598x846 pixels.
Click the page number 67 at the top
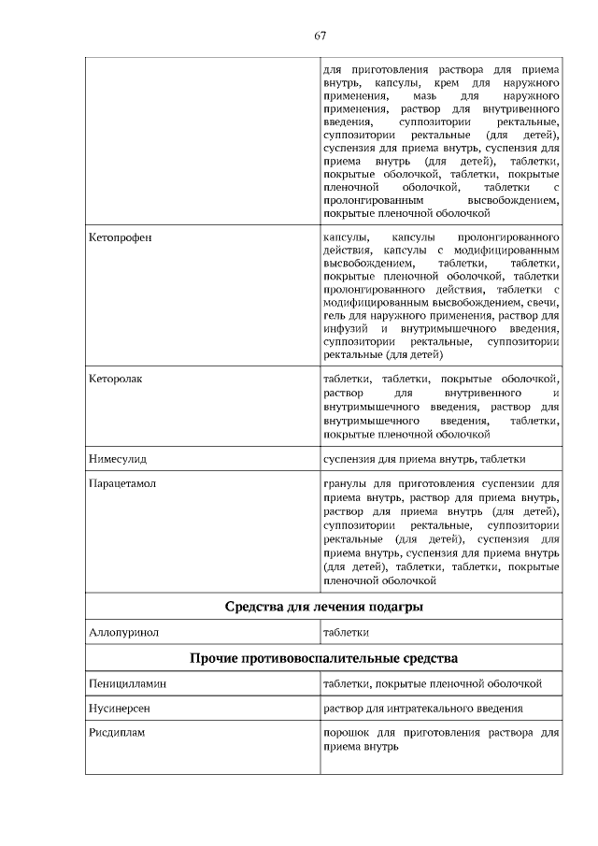pyautogui.click(x=320, y=36)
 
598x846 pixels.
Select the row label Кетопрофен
pyautogui.click(x=120, y=238)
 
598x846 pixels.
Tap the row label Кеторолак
pyautogui.click(x=116, y=380)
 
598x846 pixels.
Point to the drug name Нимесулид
pyautogui.click(x=118, y=460)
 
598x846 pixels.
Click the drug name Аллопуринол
pyautogui.click(x=123, y=633)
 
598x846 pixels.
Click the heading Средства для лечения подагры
pyautogui.click(x=323, y=608)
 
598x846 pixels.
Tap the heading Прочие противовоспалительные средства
pyautogui.click(x=323, y=660)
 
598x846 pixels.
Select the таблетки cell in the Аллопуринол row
pyautogui.click(x=345, y=633)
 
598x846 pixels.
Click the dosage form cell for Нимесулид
pyautogui.click(x=424, y=460)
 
